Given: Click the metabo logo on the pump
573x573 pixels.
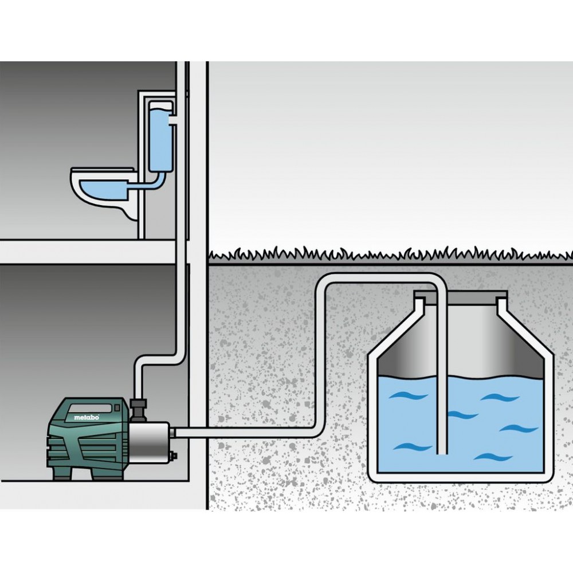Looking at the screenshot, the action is (x=87, y=417).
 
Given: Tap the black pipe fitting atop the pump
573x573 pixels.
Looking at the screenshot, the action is (x=139, y=410).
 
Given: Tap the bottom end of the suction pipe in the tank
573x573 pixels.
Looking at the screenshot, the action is (x=442, y=453).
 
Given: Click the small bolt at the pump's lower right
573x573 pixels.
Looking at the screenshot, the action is (x=172, y=456).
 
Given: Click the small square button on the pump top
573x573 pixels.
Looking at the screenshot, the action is (x=117, y=406).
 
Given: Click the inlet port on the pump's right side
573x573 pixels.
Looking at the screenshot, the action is (x=172, y=433).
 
